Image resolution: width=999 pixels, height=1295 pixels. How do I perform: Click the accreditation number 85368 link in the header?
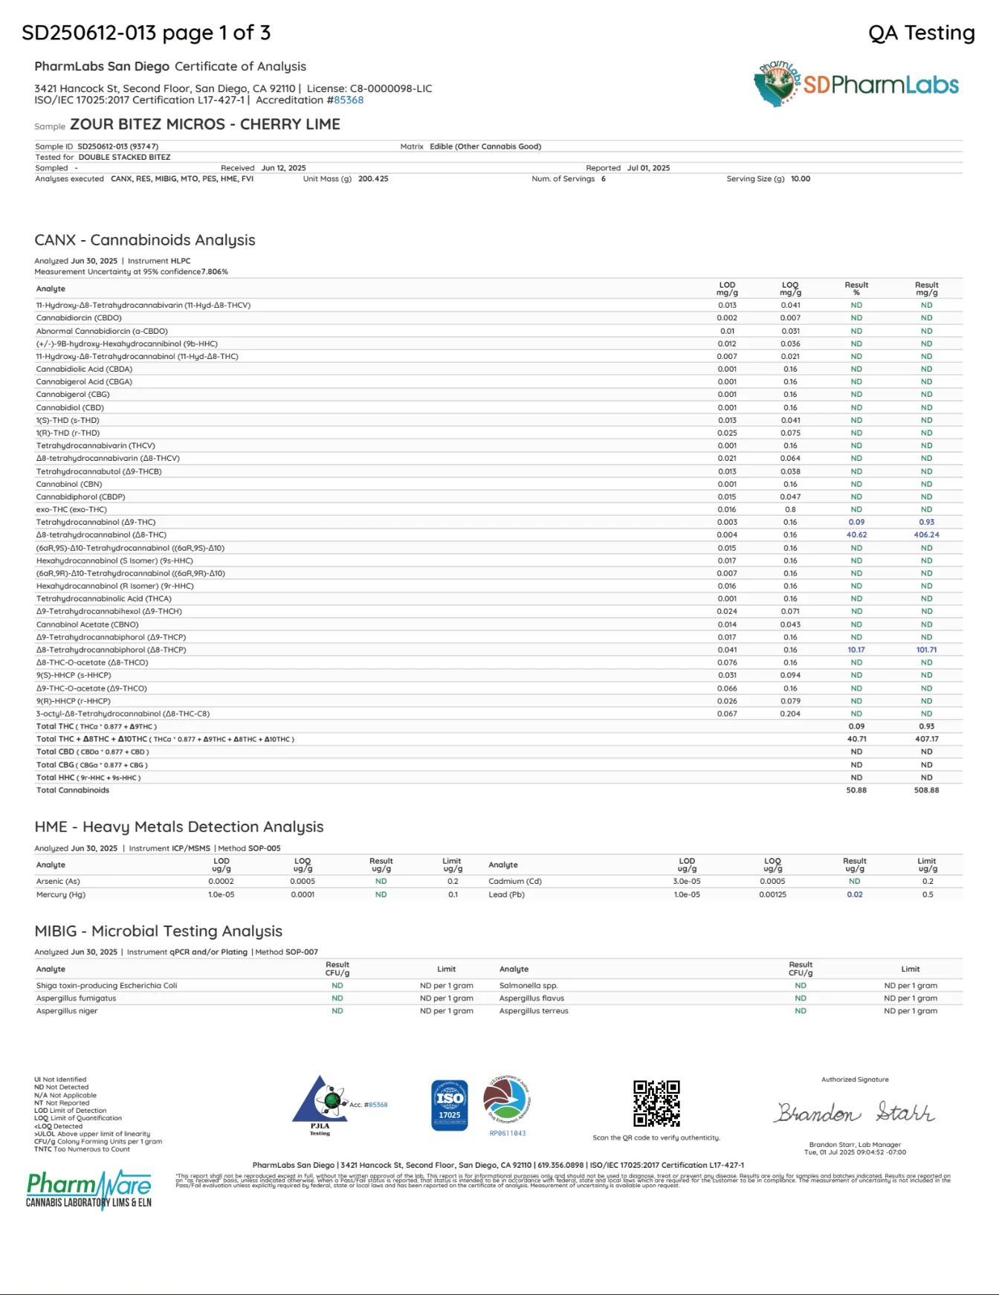coord(348,100)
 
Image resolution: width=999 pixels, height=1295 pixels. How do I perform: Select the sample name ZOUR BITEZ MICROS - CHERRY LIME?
coord(205,124)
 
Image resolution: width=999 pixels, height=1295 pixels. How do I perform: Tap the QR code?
coord(656,1103)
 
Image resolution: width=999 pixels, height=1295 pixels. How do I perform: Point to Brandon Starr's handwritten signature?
coord(854,1112)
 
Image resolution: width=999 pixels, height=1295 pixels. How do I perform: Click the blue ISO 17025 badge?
coord(450,1105)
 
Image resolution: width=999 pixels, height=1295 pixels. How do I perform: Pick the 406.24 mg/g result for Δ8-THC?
coord(926,535)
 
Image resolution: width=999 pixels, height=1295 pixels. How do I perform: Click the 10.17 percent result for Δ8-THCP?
coord(856,650)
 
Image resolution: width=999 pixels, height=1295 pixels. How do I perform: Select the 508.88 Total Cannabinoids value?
coord(926,790)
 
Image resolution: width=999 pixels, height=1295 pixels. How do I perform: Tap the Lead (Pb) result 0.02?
coord(855,894)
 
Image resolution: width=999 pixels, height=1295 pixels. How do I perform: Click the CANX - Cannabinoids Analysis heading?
coord(145,240)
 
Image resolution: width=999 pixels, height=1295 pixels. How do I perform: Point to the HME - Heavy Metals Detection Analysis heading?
coord(179,827)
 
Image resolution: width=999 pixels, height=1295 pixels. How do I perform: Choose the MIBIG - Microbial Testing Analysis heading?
coord(158,931)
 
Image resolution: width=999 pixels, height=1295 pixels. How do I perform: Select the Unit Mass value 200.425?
coord(373,179)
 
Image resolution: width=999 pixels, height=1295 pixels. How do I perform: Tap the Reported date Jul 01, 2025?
coord(648,168)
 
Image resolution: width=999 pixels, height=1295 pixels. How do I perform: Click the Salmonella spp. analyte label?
coord(528,986)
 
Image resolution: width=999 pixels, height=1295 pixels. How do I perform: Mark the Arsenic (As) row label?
coord(58,881)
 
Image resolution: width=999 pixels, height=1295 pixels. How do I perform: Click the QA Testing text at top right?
coord(921,33)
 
